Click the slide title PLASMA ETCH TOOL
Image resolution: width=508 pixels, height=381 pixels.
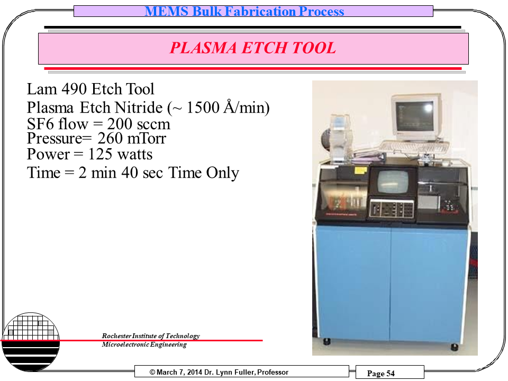pos(253,48)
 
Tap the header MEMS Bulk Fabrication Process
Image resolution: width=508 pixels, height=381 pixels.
pos(244,11)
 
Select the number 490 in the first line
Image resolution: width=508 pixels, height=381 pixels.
pos(73,89)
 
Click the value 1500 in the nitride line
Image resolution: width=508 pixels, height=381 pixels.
pos(203,107)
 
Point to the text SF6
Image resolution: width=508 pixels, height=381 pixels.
pos(40,124)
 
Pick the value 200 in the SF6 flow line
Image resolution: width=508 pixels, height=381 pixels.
pos(120,124)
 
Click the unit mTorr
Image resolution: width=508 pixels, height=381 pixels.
pos(147,138)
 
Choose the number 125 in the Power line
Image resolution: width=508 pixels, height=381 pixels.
pos(101,154)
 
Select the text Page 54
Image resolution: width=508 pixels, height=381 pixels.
pos(380,374)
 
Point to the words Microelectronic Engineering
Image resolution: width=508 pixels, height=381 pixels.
pos(144,344)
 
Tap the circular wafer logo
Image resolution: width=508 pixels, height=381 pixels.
pos(31,341)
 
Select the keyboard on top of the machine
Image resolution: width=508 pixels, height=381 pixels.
pos(414,148)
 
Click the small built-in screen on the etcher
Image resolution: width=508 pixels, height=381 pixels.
pos(393,182)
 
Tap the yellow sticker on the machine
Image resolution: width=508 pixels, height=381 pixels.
pos(360,170)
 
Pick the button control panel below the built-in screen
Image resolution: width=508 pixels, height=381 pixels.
pos(392,208)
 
